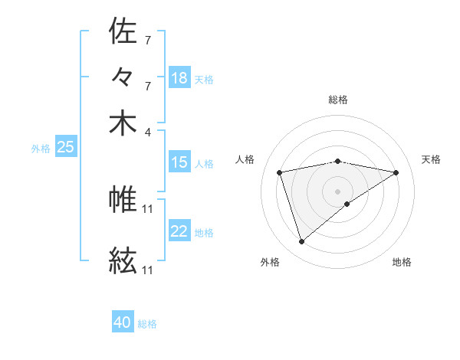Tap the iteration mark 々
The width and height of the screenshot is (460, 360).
click(x=123, y=77)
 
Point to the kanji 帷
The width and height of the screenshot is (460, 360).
click(x=123, y=200)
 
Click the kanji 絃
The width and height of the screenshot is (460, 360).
click(x=123, y=261)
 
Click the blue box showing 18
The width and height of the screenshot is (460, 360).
click(x=179, y=78)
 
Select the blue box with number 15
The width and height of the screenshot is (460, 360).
click(x=179, y=162)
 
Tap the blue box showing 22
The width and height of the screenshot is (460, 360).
click(x=179, y=232)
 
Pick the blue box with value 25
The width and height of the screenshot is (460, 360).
click(x=65, y=148)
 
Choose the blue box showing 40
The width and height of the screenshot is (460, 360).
click(x=123, y=323)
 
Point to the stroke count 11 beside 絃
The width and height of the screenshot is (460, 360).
click(x=148, y=270)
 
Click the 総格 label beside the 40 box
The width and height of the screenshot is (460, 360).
click(x=147, y=324)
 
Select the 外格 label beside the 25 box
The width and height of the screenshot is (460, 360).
click(x=40, y=149)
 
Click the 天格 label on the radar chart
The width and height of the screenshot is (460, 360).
click(x=431, y=159)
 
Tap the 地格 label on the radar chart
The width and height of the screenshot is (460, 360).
click(x=402, y=262)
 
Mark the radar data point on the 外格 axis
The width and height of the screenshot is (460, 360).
click(x=301, y=242)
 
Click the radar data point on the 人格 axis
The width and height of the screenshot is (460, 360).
click(x=280, y=172)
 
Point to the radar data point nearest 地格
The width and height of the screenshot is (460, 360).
click(x=347, y=204)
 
